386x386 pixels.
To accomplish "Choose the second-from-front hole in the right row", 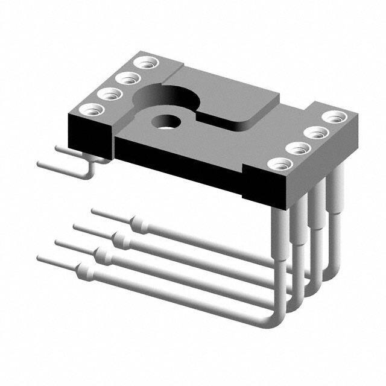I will point(296,148).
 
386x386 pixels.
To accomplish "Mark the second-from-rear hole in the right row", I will point(313,132).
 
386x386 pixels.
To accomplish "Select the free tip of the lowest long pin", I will point(40,258).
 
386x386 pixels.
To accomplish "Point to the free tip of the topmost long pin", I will point(94,211).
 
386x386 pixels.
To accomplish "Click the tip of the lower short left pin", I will point(40,163).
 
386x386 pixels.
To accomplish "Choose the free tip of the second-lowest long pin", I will point(58,242).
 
